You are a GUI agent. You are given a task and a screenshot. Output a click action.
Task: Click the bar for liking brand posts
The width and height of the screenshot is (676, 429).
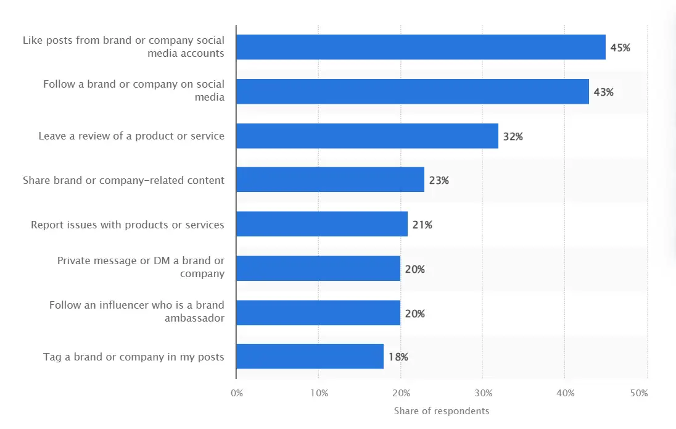[421, 47]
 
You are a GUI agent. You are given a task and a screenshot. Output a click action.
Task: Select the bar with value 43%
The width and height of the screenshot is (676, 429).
[412, 91]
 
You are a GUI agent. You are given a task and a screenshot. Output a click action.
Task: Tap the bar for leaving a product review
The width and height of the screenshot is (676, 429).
[367, 136]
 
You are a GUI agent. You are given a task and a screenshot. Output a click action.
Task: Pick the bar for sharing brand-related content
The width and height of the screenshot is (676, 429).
[330, 180]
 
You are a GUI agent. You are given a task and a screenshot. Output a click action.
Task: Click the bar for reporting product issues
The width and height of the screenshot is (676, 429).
[321, 224]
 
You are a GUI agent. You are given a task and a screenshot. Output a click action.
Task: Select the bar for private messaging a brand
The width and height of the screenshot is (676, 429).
[318, 269]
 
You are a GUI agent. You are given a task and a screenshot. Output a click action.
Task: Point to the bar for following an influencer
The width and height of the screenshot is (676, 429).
[318, 313]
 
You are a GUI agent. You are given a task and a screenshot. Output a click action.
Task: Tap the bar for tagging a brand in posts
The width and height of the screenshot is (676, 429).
[310, 357]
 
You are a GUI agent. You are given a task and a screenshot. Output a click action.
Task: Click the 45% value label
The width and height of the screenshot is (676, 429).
[620, 48]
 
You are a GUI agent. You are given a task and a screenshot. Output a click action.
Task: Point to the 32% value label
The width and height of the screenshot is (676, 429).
[513, 136]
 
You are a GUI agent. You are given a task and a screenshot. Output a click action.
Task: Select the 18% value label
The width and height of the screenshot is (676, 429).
[398, 357]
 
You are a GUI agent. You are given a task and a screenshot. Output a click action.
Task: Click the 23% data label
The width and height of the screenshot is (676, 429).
[439, 180]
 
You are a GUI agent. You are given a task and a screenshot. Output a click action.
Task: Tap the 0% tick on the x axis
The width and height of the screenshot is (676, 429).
[237, 393]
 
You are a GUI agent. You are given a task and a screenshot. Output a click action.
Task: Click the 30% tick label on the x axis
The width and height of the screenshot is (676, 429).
[483, 393]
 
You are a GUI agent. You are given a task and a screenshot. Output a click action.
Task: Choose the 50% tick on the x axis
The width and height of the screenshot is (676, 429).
[639, 393]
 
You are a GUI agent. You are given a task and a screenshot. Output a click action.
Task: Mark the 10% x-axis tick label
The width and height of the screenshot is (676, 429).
[318, 393]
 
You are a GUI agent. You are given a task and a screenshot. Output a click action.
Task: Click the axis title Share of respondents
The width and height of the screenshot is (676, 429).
[441, 411]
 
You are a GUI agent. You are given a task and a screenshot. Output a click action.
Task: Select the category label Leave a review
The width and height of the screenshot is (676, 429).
[131, 136]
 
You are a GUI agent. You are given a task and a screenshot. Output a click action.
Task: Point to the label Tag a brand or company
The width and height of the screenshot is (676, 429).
[134, 357]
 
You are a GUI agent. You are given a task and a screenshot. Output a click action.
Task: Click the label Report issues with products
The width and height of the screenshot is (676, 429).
[128, 225]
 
